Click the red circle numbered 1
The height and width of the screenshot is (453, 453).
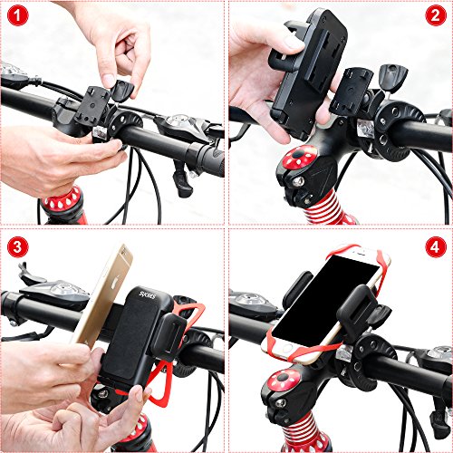click(x=16, y=17)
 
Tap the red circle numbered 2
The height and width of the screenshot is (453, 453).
click(x=436, y=17)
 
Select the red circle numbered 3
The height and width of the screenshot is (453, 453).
click(x=16, y=246)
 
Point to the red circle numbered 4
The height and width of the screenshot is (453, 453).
click(x=436, y=246)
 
